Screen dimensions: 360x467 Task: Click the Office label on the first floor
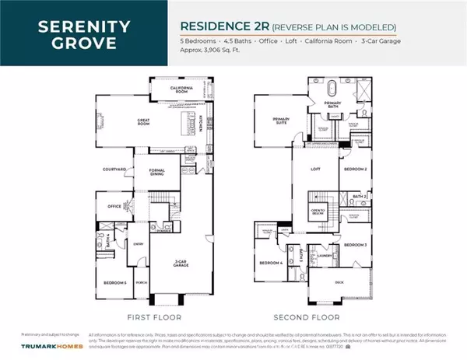coord(114,207)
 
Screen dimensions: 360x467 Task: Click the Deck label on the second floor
coord(339,283)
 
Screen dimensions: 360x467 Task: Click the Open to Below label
coord(318,211)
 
